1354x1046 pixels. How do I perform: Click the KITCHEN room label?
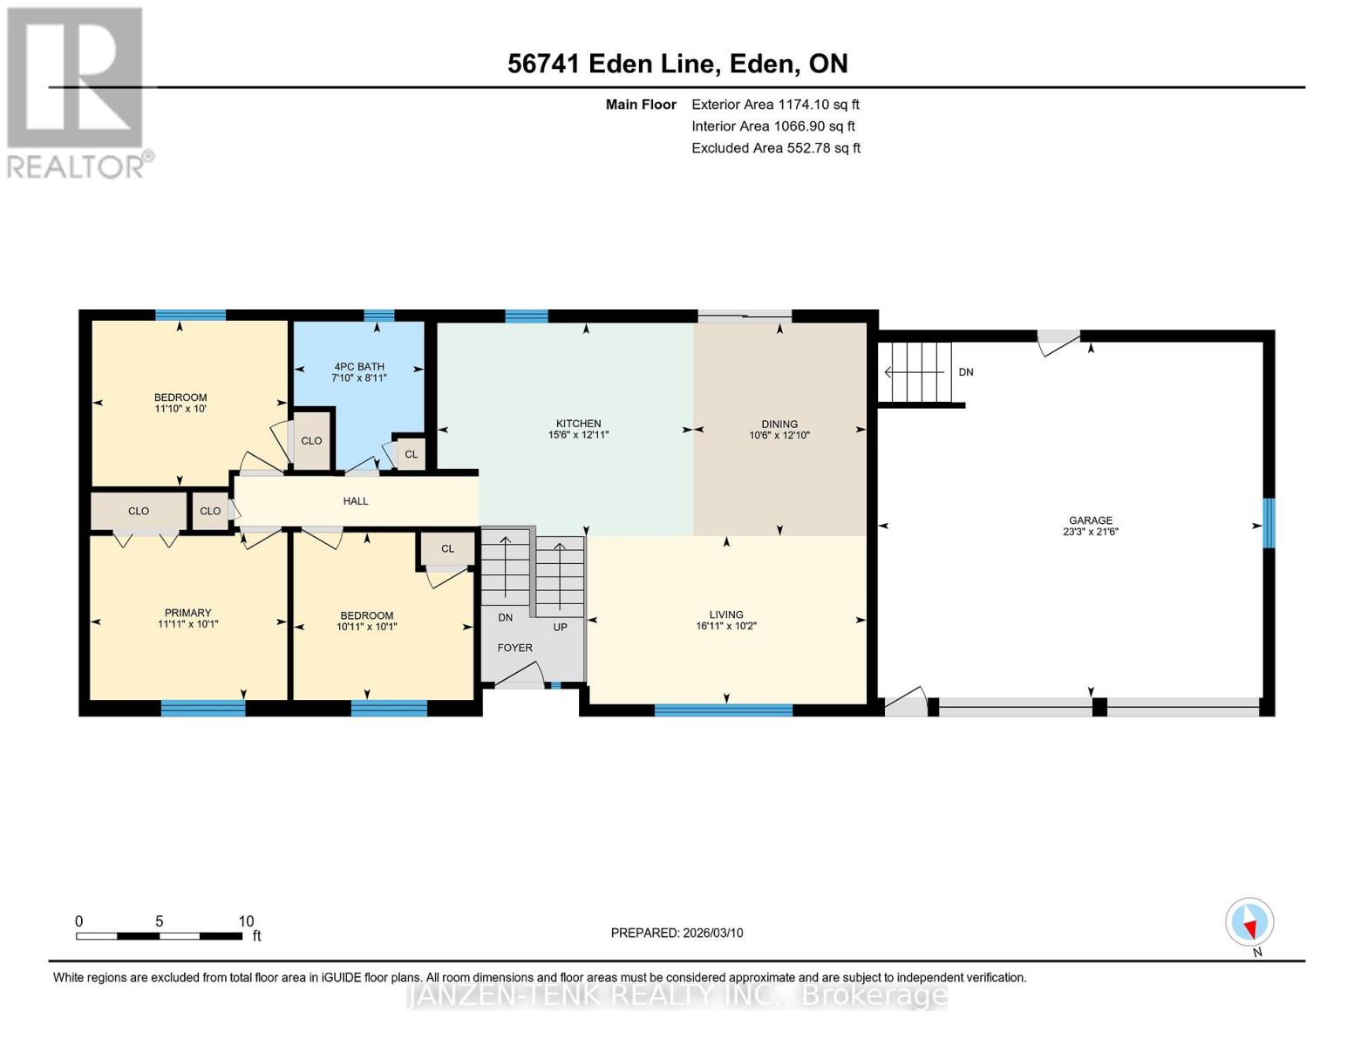pos(578,424)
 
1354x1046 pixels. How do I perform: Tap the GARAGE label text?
pos(1091,520)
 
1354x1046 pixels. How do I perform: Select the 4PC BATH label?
pos(359,367)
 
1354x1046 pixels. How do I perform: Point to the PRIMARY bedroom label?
pos(187,613)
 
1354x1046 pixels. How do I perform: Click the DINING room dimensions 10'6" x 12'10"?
pos(779,436)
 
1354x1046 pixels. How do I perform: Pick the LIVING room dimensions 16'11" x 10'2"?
pos(726,626)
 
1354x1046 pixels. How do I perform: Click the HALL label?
pos(356,501)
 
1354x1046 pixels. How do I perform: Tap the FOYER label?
pos(514,648)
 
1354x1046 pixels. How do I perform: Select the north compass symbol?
pos(1249,922)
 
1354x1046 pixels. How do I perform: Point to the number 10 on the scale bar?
pos(246,920)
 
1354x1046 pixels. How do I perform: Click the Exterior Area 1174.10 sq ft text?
pos(775,105)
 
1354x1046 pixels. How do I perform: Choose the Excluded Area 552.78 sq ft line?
pos(776,148)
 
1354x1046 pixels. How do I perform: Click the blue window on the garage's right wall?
pos(1269,523)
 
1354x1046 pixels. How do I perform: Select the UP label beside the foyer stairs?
pos(560,628)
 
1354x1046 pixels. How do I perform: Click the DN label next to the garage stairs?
pos(966,372)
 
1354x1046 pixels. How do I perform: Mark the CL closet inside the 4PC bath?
pos(412,453)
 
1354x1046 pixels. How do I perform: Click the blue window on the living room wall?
pos(724,710)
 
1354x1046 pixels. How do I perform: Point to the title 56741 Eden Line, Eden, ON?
pos(677,64)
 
